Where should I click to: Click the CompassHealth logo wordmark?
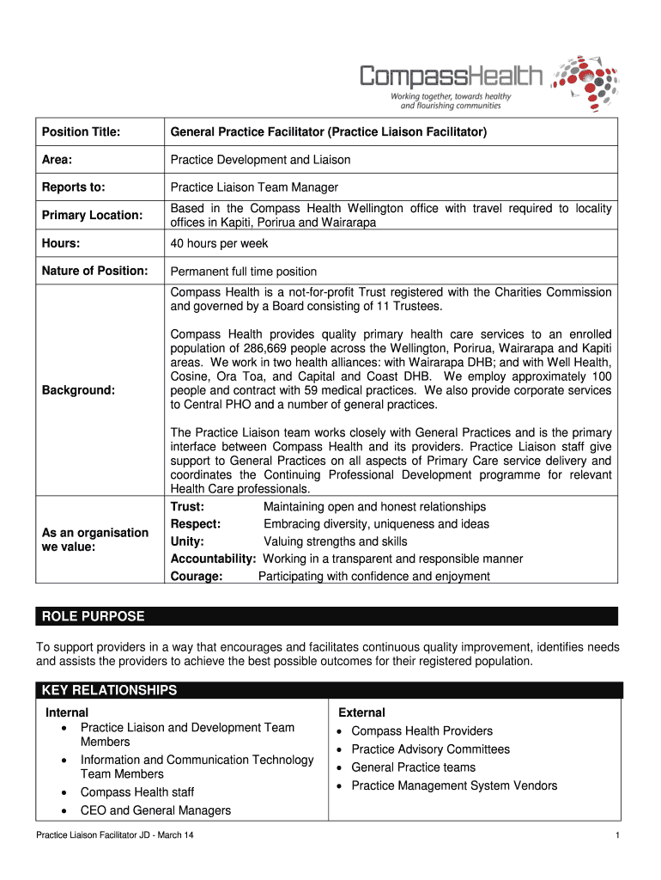(x=451, y=77)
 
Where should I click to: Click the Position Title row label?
(x=81, y=132)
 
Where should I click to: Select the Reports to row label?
(x=74, y=187)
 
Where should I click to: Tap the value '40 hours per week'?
(x=219, y=243)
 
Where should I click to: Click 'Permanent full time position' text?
(x=244, y=272)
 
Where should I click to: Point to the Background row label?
(x=78, y=390)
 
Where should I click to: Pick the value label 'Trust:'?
(x=187, y=507)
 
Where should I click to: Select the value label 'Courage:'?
(x=197, y=577)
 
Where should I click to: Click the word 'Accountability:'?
(x=213, y=559)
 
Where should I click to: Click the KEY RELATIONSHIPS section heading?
(x=109, y=690)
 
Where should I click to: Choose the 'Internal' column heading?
(x=67, y=712)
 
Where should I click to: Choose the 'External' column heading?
(x=361, y=712)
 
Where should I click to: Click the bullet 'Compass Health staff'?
(x=137, y=792)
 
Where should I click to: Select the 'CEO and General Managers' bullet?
(x=155, y=810)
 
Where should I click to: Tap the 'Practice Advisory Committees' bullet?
(x=430, y=749)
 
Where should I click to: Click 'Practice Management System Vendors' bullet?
(x=454, y=785)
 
